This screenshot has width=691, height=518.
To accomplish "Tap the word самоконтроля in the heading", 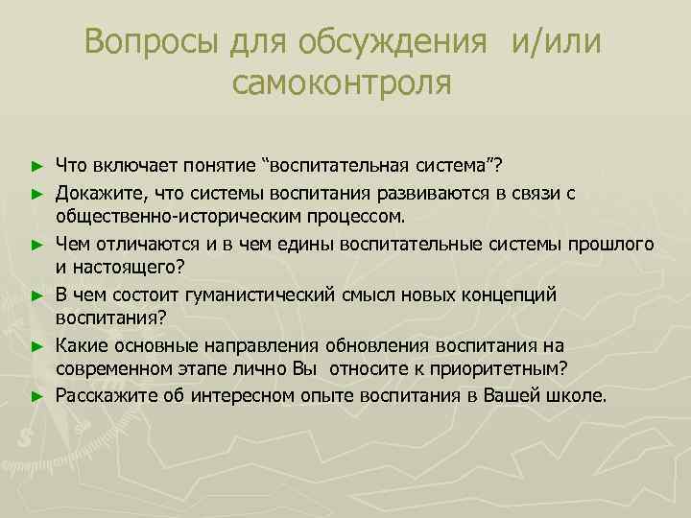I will [x=341, y=83].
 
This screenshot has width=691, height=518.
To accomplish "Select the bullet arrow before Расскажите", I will [x=36, y=394].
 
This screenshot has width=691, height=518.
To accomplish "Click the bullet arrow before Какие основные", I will [x=36, y=344].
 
